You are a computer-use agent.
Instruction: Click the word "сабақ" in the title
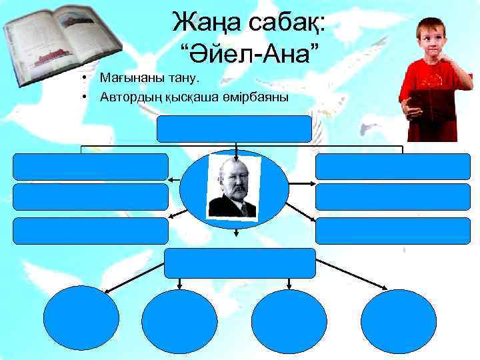[288, 23]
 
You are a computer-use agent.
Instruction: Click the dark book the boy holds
[431, 103]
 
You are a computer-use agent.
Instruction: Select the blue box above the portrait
[234, 129]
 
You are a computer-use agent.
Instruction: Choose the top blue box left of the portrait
[91, 167]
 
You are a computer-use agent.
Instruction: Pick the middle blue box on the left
[91, 197]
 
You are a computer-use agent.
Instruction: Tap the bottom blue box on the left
[91, 230]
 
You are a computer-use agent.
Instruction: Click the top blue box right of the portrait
[379, 167]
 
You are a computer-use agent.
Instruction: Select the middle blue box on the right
[379, 197]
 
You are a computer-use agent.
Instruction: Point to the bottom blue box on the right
[379, 230]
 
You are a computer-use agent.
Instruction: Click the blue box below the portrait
[240, 263]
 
